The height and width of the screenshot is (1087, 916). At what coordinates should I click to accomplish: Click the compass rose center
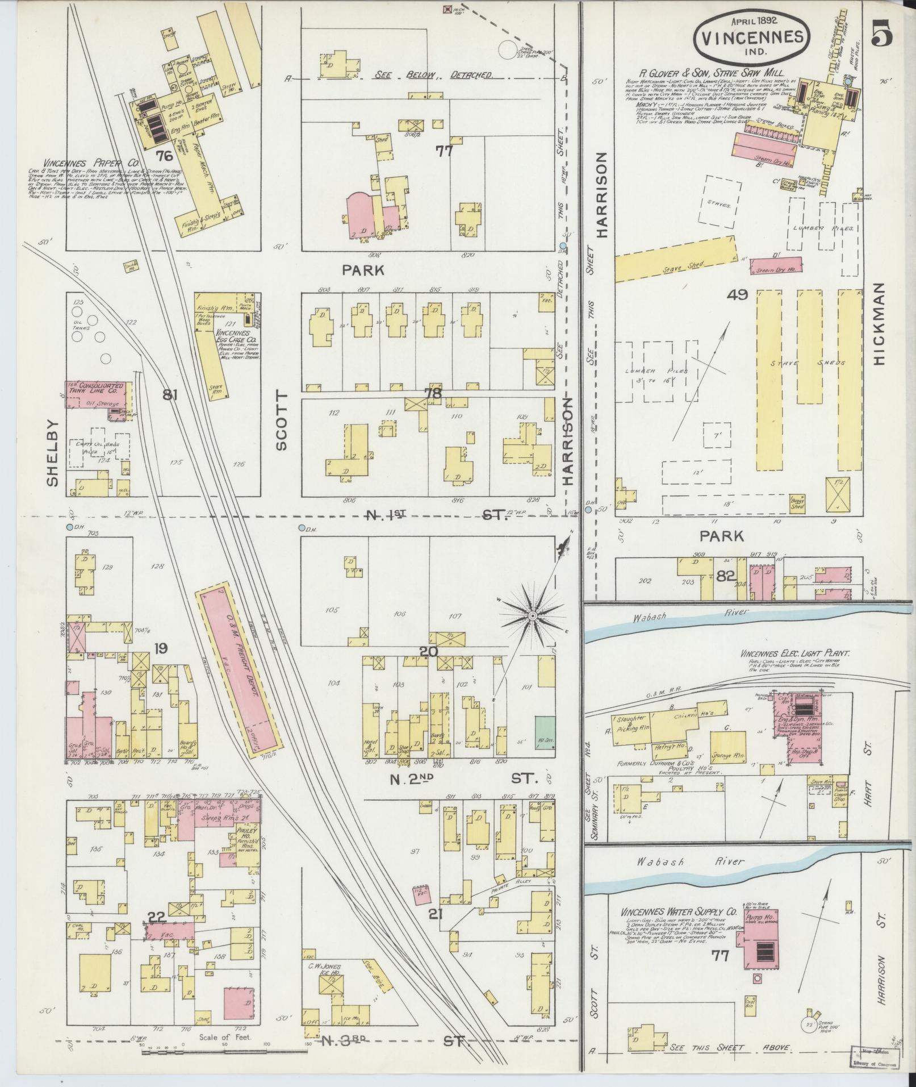coord(533,616)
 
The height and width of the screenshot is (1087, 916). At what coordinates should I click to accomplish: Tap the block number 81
coord(169,394)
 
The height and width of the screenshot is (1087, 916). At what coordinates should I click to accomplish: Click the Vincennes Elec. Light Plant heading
coord(794,654)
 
